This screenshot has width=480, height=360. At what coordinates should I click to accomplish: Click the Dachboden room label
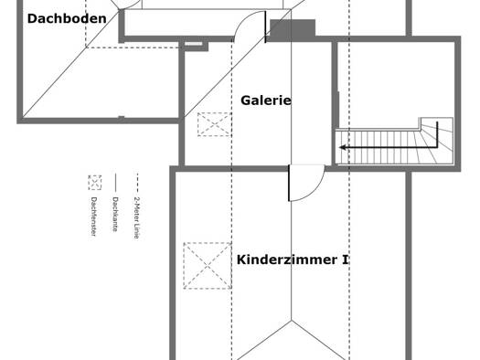(x=67, y=18)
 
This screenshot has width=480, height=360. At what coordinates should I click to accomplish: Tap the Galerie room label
(x=266, y=101)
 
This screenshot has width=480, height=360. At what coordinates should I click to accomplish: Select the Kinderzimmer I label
(x=293, y=259)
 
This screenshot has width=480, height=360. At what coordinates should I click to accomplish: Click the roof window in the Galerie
(x=214, y=124)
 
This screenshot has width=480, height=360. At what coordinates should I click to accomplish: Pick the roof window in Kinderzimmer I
(x=208, y=266)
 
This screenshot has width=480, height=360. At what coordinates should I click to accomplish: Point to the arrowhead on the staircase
(x=343, y=147)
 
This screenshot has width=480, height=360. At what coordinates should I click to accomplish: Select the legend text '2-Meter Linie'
(x=137, y=217)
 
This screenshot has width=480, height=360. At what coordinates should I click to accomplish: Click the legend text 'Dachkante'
(x=115, y=214)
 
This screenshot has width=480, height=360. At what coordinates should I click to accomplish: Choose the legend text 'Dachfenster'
(x=93, y=217)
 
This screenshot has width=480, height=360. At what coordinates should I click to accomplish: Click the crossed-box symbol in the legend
(x=94, y=183)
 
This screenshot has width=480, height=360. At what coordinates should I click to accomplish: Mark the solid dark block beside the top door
(x=293, y=30)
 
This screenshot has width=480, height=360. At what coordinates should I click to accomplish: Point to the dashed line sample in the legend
(x=137, y=183)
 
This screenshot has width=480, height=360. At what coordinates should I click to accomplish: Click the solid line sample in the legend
(x=115, y=183)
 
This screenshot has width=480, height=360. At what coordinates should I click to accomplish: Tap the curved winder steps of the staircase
(x=436, y=142)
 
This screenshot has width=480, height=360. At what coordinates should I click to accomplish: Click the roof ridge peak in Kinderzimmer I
(x=291, y=321)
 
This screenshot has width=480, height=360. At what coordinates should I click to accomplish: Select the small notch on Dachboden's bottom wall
(x=122, y=117)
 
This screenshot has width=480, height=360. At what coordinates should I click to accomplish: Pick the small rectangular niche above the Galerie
(x=194, y=44)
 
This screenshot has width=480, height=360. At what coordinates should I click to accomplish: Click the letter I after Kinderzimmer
(x=345, y=259)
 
